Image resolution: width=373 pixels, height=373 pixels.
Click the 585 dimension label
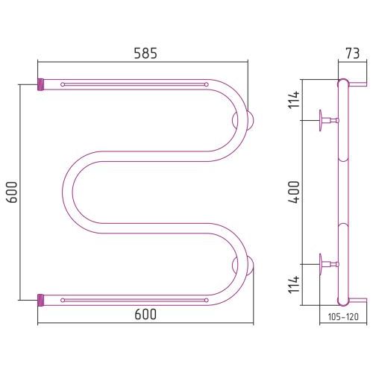pos(145,53)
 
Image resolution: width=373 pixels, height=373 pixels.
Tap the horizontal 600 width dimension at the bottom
pos(145,314)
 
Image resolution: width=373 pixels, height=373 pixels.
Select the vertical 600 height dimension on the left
pos(12,192)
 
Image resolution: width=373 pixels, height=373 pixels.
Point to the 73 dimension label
pos(353,53)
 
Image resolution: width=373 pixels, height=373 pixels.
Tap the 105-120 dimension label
pos(343,317)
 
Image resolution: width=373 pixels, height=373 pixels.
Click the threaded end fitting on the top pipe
pos(40,84)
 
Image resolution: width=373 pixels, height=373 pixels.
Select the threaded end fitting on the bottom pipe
pos(40,300)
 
